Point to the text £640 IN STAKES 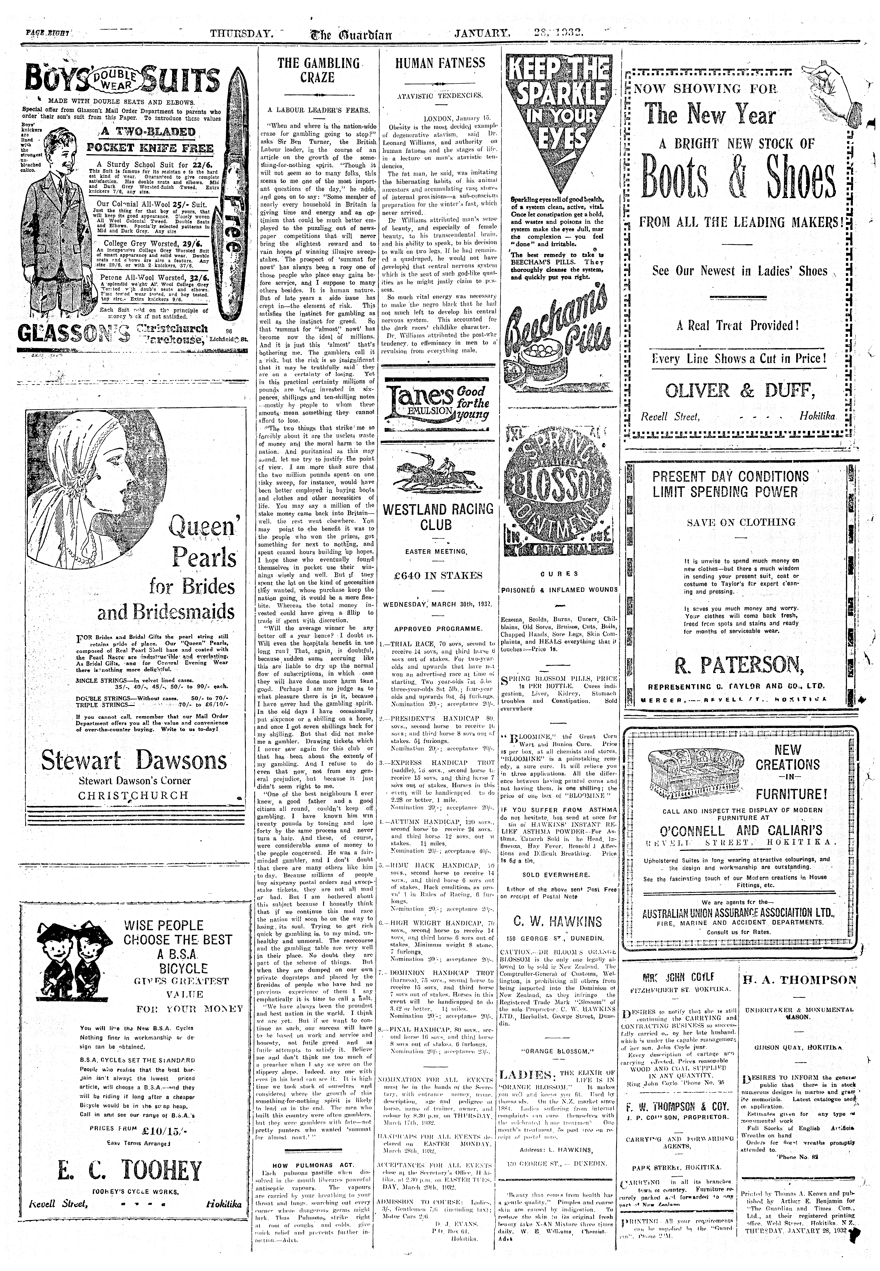[438, 576]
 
